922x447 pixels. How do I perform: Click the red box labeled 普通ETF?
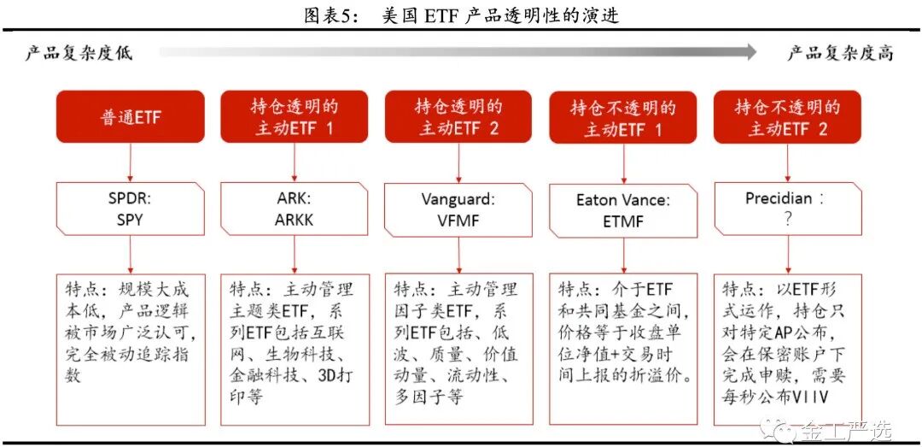(x=131, y=117)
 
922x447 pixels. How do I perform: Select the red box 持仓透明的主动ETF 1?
(x=294, y=117)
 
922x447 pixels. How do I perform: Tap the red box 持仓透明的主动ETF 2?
(x=458, y=117)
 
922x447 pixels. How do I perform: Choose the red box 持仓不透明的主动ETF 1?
(x=623, y=117)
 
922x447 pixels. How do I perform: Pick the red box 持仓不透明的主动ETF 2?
(x=787, y=117)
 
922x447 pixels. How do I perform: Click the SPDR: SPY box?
(x=131, y=209)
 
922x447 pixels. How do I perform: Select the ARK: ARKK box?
(x=294, y=209)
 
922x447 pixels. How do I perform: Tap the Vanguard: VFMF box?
(x=458, y=210)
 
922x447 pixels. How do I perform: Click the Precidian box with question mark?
(x=787, y=209)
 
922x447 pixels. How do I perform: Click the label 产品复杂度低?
(x=79, y=53)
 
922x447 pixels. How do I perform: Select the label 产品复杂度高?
(x=840, y=53)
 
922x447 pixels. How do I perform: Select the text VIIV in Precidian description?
(x=814, y=397)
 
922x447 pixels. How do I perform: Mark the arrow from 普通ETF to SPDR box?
(x=131, y=162)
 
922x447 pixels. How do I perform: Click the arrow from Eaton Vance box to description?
(x=623, y=255)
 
